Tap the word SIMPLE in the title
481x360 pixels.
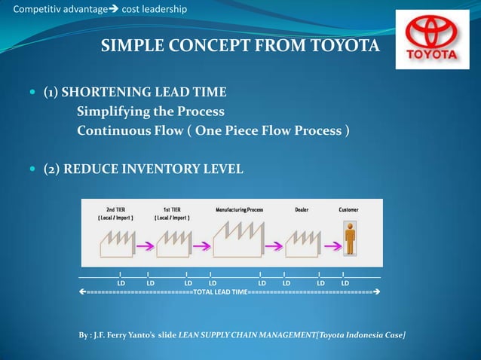click(130, 47)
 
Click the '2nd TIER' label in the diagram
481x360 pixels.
click(115, 209)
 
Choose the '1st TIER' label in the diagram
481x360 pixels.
click(171, 209)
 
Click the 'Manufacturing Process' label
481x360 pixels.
click(239, 209)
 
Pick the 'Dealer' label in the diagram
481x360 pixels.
click(301, 209)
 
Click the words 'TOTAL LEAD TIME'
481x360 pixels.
click(220, 291)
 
